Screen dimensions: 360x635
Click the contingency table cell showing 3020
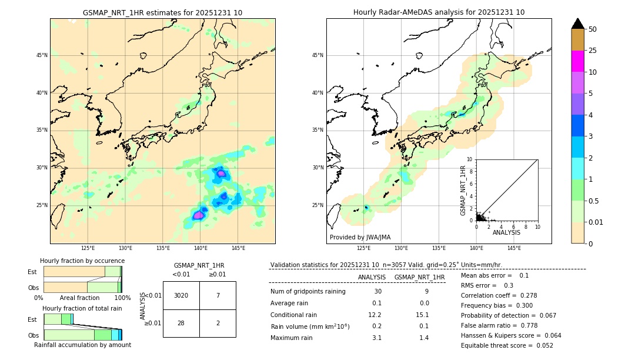click(181, 295)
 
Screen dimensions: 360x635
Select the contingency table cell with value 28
click(181, 324)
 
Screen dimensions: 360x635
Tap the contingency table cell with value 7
click(218, 295)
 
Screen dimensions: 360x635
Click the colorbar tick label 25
click(593, 51)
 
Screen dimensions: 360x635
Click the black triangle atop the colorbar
click(578, 24)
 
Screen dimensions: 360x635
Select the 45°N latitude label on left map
click(42, 55)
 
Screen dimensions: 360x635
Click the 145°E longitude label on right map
click(514, 248)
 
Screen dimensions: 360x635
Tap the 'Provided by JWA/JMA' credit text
click(360, 237)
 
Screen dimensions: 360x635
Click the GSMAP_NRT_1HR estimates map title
click(162, 12)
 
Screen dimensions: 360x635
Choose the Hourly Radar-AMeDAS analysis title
click(439, 12)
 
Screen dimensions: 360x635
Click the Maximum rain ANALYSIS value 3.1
click(376, 338)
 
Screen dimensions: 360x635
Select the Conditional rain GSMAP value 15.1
click(423, 315)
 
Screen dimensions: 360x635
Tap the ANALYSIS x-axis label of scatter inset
click(506, 232)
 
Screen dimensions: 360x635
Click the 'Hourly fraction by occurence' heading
click(82, 261)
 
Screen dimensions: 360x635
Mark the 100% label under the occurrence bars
click(122, 298)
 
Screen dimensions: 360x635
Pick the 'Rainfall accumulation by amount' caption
click(82, 345)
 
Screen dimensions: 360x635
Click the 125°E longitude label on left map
click(88, 248)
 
